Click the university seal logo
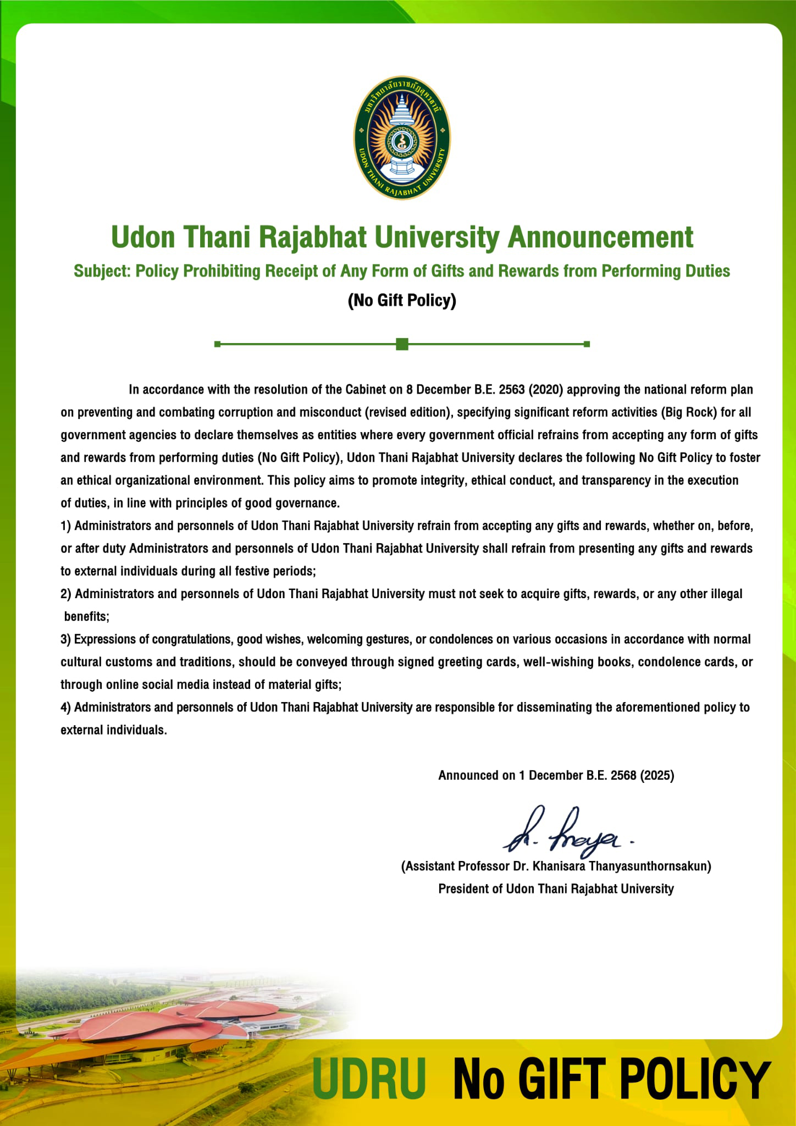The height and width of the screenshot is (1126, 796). pos(401,137)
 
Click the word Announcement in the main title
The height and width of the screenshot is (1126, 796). pos(600,237)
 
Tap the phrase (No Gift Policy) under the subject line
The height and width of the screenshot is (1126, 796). pos(402,300)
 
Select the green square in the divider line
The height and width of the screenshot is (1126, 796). pos(402,344)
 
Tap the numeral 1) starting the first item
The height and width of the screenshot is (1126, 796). pos(66,526)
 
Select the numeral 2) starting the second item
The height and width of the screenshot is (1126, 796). pos(66,594)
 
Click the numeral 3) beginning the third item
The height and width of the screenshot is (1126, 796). pos(66,639)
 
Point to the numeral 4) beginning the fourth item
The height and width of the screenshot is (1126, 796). pos(66,707)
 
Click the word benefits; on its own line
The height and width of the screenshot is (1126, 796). pos(87,617)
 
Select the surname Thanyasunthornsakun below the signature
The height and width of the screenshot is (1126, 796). pos(650,866)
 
